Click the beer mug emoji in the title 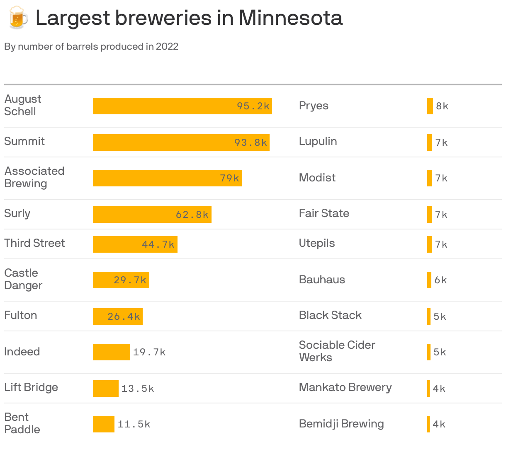click(x=18, y=17)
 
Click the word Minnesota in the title click(x=290, y=18)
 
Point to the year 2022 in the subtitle click(x=167, y=46)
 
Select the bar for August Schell click(x=182, y=106)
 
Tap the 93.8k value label click(x=251, y=142)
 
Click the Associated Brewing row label click(x=34, y=177)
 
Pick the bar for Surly click(x=152, y=215)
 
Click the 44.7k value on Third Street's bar click(x=158, y=244)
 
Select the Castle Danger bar click(x=121, y=280)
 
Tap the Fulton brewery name click(x=21, y=315)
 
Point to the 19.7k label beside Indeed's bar click(x=149, y=352)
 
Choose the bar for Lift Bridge click(x=105, y=389)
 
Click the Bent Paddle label click(x=22, y=423)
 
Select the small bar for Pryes click(x=430, y=106)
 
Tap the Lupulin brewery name click(x=318, y=141)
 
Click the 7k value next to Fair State click(x=441, y=215)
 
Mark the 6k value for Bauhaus click(x=440, y=280)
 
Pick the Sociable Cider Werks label click(x=337, y=351)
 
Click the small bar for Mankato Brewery click(x=428, y=389)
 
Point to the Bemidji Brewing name click(x=341, y=424)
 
